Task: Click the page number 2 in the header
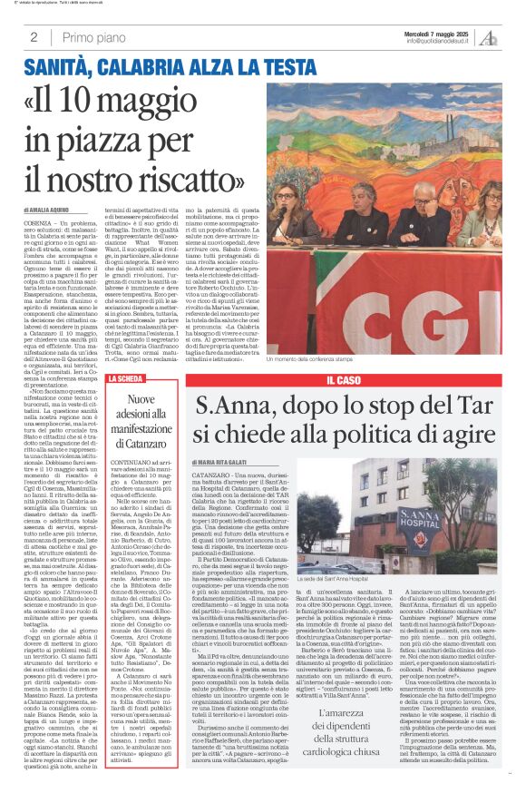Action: [34, 37]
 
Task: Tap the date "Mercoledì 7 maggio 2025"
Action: [441, 33]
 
